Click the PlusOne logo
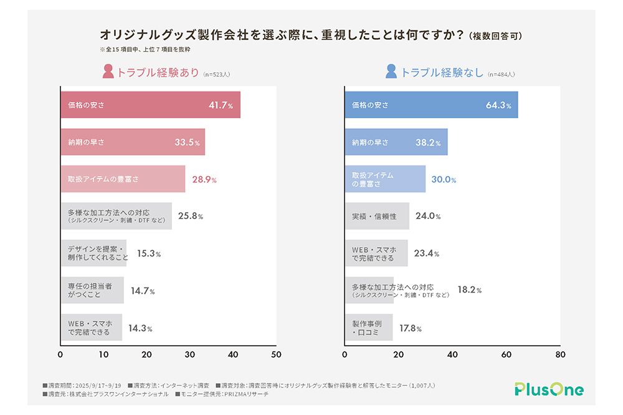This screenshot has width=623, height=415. coord(549,390)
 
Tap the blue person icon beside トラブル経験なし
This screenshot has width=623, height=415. coord(391,72)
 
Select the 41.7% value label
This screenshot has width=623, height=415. coord(221,105)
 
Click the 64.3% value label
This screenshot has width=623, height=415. coord(498,105)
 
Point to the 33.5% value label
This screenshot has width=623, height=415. coord(187,142)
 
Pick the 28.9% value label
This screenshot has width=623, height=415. coord(204,179)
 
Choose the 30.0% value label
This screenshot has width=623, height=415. coord(444,179)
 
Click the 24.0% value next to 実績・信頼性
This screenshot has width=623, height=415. coord(428,217)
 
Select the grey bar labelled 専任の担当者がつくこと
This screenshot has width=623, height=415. coord(92,291)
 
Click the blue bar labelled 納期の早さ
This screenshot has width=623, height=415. coord(396,142)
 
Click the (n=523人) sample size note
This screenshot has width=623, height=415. coord(217,74)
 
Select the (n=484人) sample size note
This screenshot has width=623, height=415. coord(501,74)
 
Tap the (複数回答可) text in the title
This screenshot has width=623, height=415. coord(496,35)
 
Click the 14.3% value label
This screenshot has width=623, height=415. coord(140,328)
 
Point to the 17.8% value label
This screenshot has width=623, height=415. coord(411,328)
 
